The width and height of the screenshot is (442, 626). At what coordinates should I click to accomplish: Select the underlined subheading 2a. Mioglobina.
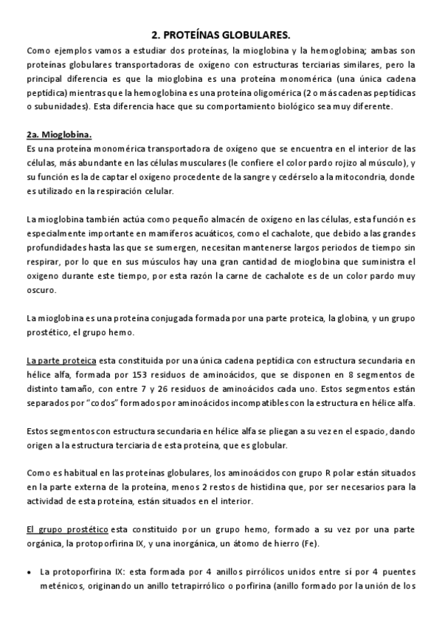[x=59, y=135]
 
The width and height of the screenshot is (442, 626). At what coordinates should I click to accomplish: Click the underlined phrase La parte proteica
[x=61, y=360]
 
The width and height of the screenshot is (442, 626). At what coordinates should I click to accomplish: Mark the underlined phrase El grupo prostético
[x=68, y=530]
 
